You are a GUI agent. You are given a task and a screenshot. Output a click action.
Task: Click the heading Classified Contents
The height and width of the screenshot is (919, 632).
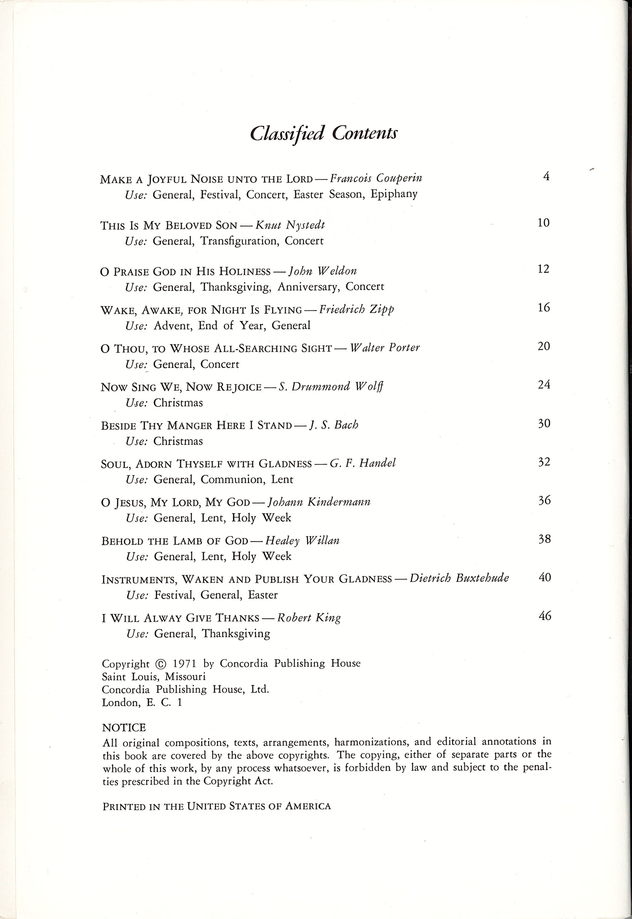click(323, 133)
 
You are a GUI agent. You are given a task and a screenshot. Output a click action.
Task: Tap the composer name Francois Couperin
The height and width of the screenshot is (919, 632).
click(375, 179)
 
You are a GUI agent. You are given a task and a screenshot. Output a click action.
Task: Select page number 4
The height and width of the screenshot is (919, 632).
click(546, 176)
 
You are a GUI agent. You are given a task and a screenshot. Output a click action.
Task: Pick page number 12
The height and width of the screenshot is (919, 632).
click(543, 269)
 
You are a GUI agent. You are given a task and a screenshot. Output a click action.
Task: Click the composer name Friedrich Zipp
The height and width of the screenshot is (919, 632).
click(356, 309)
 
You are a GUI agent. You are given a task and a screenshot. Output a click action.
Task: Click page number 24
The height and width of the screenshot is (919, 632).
click(544, 385)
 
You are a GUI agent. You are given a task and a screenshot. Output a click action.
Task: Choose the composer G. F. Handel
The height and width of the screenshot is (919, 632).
click(362, 463)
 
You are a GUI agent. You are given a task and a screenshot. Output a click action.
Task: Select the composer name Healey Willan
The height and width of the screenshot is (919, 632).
click(302, 541)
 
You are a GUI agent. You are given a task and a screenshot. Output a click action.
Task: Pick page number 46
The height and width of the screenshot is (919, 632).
click(545, 615)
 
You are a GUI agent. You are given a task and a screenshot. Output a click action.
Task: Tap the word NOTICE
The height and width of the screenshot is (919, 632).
click(124, 727)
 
